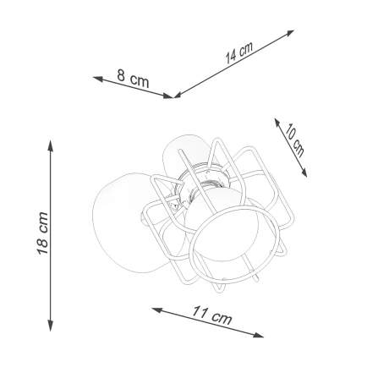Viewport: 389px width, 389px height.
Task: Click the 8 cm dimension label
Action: pyautogui.click(x=134, y=82)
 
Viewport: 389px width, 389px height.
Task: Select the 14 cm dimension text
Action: pyautogui.click(x=239, y=54)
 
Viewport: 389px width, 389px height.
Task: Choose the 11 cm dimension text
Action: pyautogui.click(x=210, y=319)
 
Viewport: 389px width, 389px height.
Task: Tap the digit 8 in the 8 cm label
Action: pyautogui.click(x=123, y=79)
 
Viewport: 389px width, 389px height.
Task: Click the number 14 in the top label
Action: pyautogui.click(x=232, y=58)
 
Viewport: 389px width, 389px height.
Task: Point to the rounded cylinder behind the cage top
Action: pyautogui.click(x=184, y=152)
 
